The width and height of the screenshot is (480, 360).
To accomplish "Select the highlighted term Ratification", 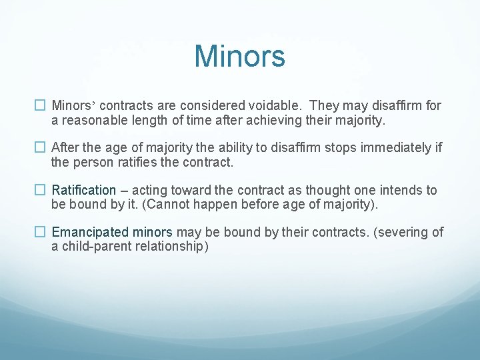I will click(83, 190).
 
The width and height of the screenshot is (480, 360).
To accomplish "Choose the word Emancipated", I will click(89, 232).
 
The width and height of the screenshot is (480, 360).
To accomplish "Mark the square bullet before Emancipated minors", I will click(40, 232).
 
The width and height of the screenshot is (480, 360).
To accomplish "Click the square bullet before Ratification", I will click(40, 190).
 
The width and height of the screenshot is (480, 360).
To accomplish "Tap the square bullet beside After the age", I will click(40, 147).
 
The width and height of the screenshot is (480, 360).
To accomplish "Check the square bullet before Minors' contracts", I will click(40, 105).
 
